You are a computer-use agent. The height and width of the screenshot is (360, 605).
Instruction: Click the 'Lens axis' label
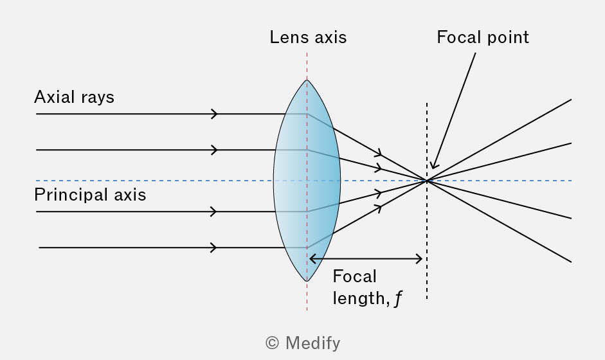308,37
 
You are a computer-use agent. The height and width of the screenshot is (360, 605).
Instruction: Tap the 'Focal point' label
483,37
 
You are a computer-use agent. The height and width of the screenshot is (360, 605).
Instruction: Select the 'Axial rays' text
74,97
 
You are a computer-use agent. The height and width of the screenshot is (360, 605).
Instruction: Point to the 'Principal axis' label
90,195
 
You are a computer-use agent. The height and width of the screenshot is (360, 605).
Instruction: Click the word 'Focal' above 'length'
354,276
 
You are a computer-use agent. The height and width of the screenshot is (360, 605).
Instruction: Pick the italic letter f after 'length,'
398,298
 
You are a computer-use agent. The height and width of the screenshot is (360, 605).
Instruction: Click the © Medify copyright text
303,343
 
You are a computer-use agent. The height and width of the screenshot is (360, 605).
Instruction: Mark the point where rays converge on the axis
427,181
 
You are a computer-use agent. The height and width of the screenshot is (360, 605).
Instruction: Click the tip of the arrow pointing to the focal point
433,168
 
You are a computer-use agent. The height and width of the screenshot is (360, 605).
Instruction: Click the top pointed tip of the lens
307,80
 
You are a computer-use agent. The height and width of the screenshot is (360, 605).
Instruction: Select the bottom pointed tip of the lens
307,281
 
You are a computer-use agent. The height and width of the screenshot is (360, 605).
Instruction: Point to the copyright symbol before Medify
272,343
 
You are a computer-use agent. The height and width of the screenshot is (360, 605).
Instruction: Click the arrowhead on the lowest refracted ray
379,209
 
